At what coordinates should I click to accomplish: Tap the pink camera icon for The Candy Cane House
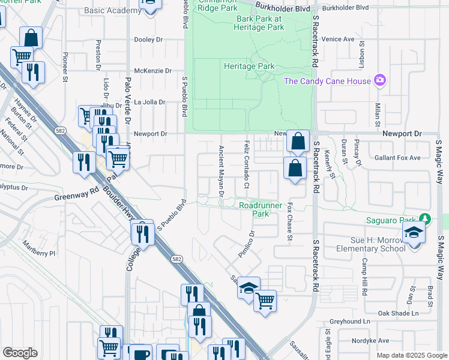[379, 80]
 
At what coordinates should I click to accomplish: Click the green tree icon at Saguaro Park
[426, 219]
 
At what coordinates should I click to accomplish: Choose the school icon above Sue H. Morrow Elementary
[414, 232]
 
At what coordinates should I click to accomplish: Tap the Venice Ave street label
[338, 39]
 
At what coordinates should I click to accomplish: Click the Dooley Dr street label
[149, 40]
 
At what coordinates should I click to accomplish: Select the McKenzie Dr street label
[153, 71]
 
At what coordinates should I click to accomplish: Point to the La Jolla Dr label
[149, 102]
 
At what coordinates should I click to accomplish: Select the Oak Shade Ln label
[398, 314]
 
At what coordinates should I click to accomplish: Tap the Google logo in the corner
[20, 353]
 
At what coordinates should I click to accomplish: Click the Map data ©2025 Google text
[412, 355]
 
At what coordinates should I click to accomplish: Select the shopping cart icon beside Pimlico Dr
[265, 300]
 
